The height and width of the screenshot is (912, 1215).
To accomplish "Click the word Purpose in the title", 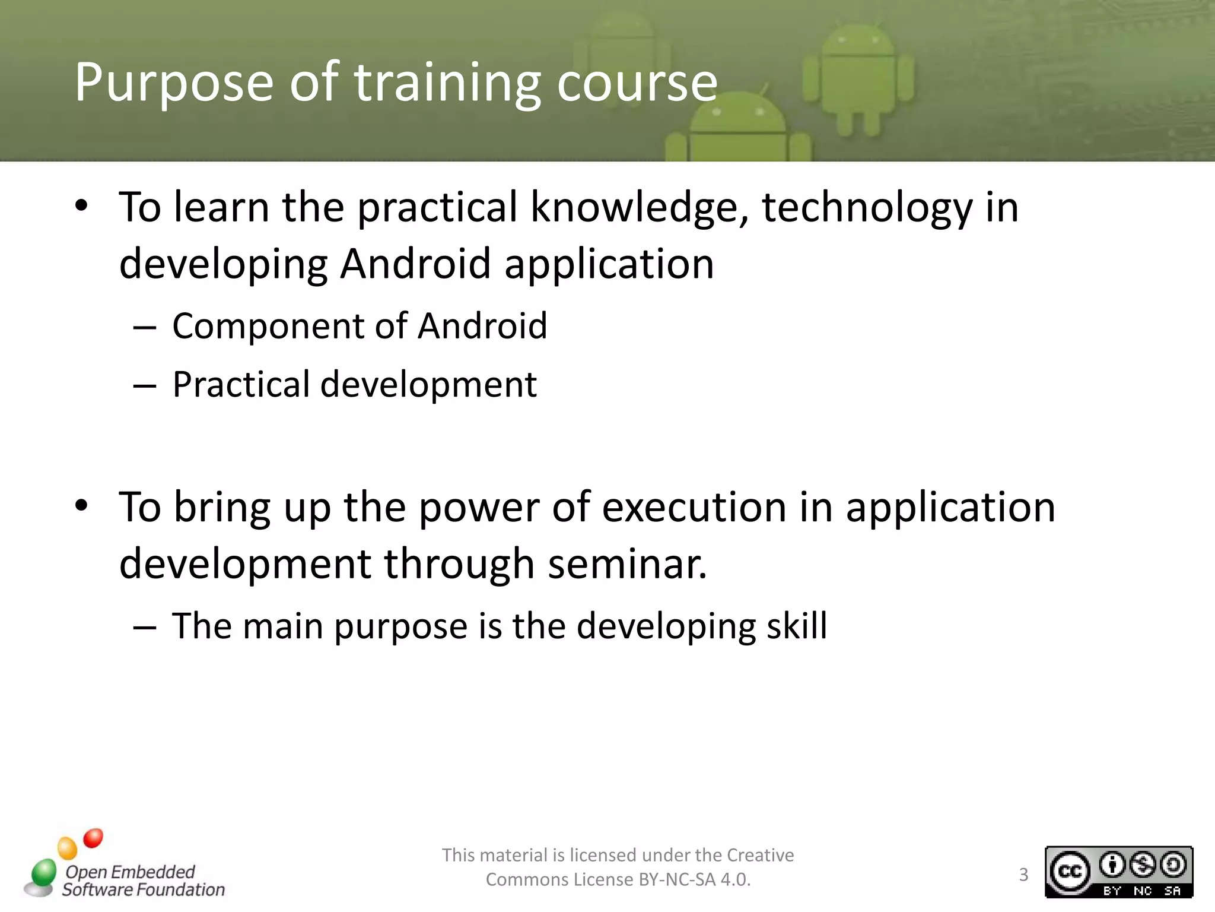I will [174, 83].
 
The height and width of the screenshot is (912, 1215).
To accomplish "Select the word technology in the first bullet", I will [867, 208].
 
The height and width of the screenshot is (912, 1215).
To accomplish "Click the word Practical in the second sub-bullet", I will [241, 385].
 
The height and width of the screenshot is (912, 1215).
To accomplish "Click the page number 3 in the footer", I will [1023, 875].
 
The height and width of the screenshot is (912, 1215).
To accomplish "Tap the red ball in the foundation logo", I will [93, 838].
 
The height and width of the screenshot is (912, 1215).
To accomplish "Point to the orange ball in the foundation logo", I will [67, 848].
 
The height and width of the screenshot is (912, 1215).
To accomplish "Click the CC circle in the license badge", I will [1070, 872].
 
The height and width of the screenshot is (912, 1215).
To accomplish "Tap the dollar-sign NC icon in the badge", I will [1143, 865].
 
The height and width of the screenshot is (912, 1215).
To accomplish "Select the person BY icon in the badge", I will [1112, 865].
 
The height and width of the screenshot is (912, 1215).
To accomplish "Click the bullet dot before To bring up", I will [81, 506].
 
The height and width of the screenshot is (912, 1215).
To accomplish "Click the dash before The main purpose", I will [144, 627].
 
